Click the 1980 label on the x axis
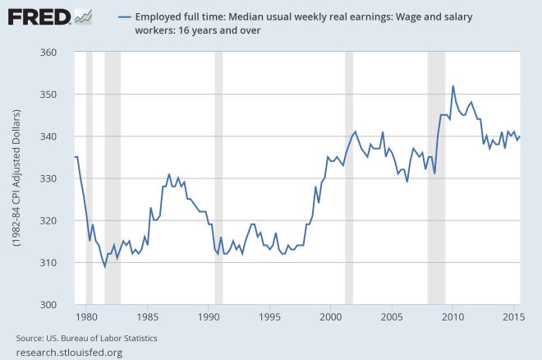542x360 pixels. pyautogui.click(x=87, y=316)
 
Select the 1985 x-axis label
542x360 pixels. pyautogui.click(x=148, y=316)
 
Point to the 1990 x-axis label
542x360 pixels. pyautogui.click(x=209, y=316)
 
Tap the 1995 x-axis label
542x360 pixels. pyautogui.click(x=269, y=316)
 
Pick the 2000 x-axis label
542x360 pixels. pyautogui.click(x=330, y=316)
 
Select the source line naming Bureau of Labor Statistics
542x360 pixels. pyautogui.click(x=86, y=338)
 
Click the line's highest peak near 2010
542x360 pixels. pyautogui.click(x=453, y=85)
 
